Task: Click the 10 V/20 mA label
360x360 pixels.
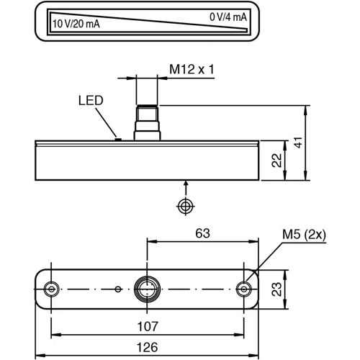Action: coord(76,24)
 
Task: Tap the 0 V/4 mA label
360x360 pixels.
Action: coord(228,17)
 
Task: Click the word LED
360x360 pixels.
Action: coord(91,101)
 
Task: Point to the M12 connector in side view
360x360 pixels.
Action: coord(147,120)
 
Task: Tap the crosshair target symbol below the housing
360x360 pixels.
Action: coord(186,207)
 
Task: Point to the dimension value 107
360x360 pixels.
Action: coord(148,325)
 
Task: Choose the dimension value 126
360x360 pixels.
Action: coord(148,347)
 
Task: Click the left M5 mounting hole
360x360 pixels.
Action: coord(50,289)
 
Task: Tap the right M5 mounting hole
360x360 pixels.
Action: coord(244,289)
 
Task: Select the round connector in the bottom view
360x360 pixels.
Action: coord(147,289)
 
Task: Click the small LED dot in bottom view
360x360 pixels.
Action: coord(117,289)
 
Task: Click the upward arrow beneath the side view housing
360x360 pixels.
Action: coord(186,186)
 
